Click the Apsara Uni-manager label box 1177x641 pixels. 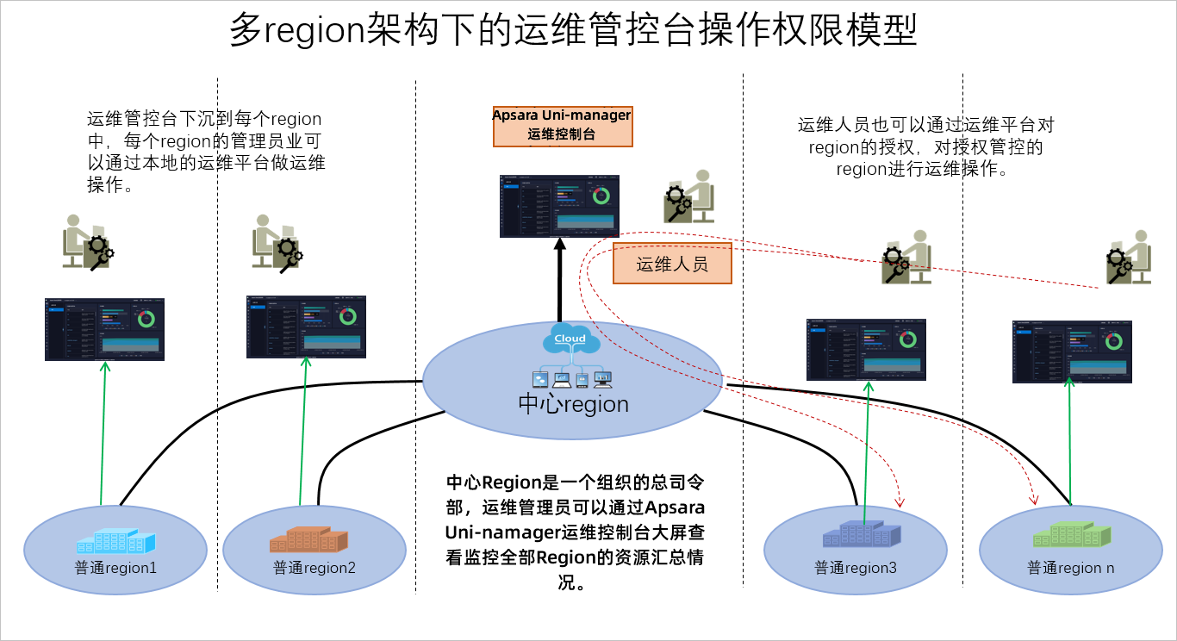562,126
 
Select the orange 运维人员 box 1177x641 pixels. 672,264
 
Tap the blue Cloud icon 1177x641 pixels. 570,339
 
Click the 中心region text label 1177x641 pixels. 573,403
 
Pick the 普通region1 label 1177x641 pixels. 115,568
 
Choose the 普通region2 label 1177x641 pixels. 314,568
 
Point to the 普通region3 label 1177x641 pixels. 856,568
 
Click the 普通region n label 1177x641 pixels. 1070,568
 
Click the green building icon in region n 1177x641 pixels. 1069,535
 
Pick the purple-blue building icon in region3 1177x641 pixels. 861,535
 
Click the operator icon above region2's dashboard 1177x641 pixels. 277,242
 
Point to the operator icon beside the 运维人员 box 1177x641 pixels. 690,196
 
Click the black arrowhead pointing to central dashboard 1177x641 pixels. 560,245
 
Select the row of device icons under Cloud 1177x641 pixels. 571,378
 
